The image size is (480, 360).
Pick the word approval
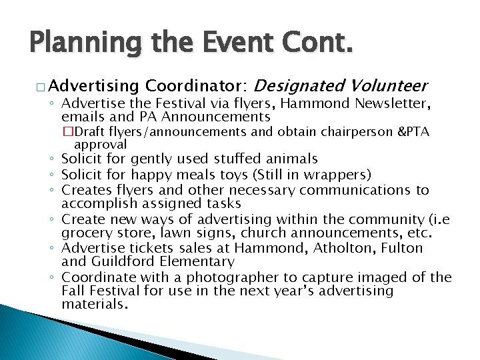coord(101,144)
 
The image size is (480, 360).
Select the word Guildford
coord(121,262)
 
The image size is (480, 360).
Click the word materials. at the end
coord(94,305)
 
